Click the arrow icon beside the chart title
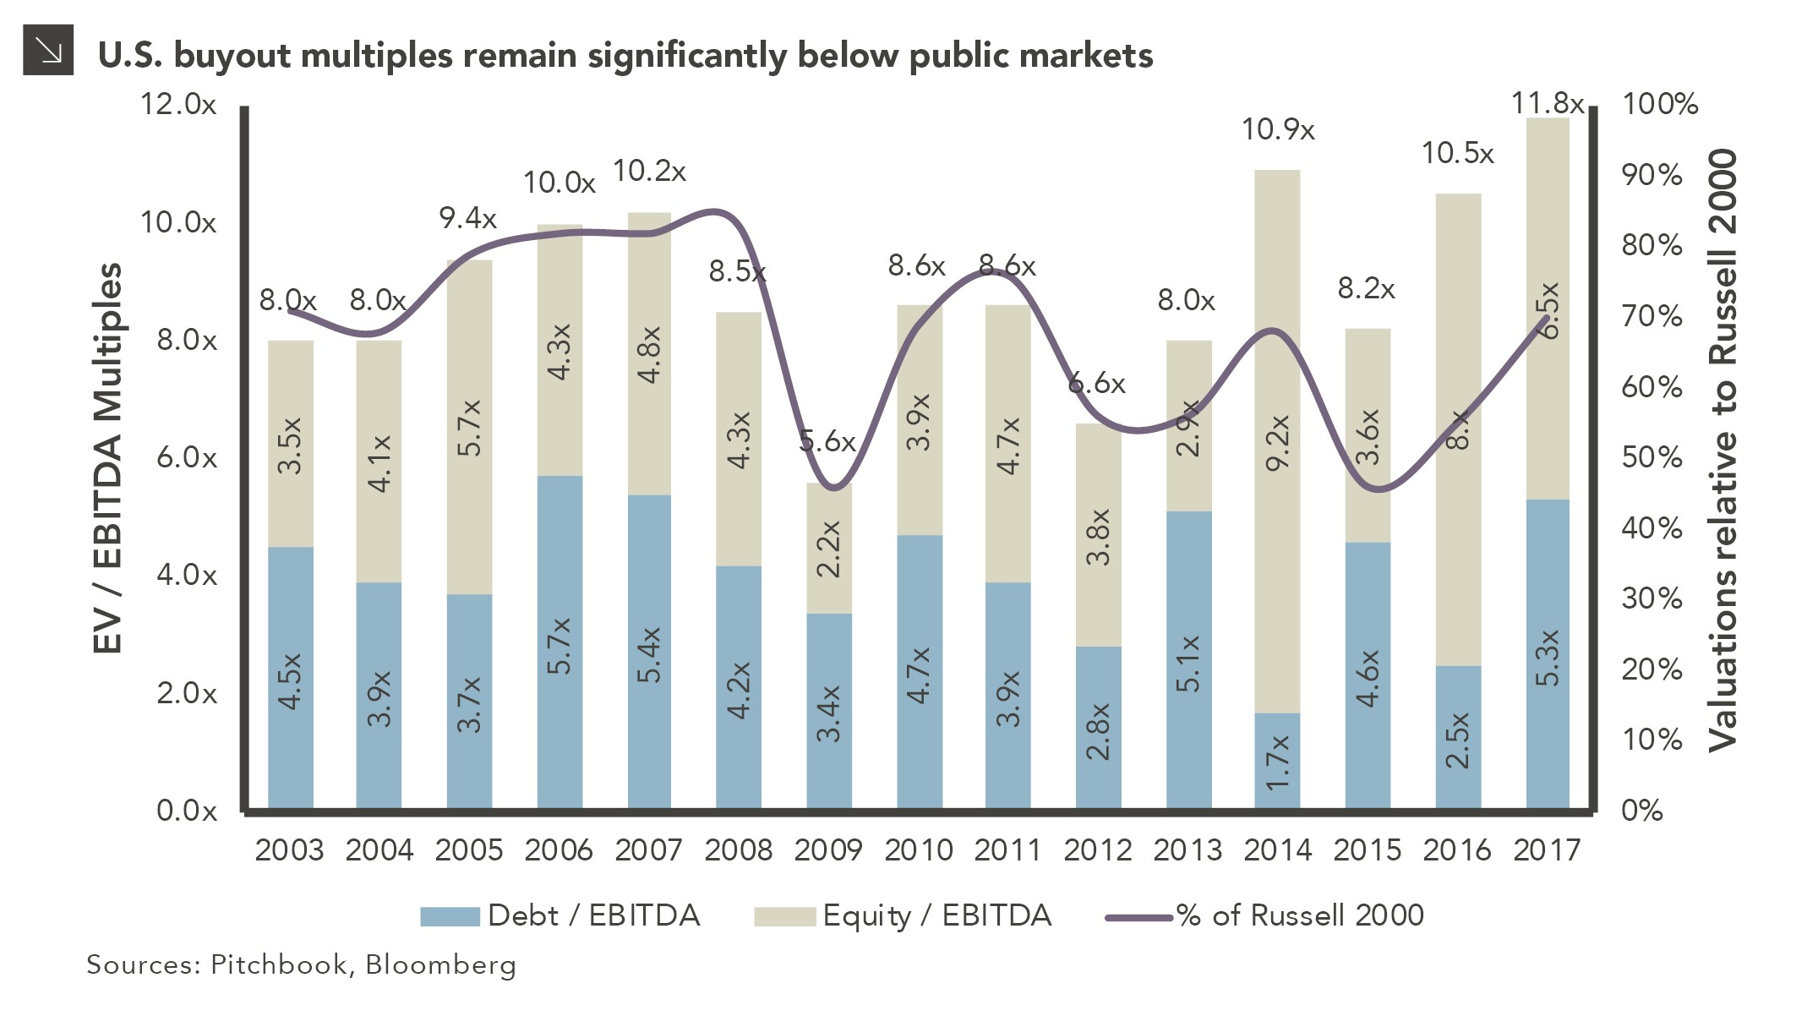[48, 51]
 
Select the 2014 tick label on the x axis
[1277, 849]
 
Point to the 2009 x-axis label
[827, 849]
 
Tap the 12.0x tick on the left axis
[178, 104]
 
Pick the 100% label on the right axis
[1659, 104]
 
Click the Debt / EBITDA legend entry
[560, 915]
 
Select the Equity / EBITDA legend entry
[903, 915]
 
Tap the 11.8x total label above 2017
[1547, 103]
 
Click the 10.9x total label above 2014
[1277, 130]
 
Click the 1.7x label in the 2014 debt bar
[1277, 761]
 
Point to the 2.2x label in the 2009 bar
[829, 549]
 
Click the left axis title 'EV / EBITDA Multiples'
[107, 457]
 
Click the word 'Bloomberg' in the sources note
[440, 964]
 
